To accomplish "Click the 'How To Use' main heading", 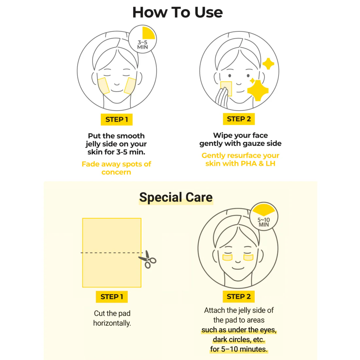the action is pos(177,12).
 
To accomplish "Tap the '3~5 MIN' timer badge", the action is pos(142,39).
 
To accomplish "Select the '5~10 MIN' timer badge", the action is pos(263,216).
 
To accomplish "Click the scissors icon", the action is pos(147,260).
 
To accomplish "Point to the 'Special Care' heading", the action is pos(176,197).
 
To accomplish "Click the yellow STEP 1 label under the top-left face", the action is pos(117,119).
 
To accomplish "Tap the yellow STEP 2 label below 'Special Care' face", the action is pos(239,297).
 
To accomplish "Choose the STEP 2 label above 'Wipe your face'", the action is pos(239,119).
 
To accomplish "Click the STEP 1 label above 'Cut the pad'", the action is pos(112,297).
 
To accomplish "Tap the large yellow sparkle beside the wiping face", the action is pos(258,91).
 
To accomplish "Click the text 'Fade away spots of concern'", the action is pos(117,168).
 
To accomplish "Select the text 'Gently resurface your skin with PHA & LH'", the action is pos(241,159).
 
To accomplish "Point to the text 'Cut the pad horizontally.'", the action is pos(112,318).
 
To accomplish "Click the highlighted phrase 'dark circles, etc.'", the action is pos(239,339).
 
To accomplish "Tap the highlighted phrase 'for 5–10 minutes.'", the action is pos(239,349).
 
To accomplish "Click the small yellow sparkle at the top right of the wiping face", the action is pos(268,63).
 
